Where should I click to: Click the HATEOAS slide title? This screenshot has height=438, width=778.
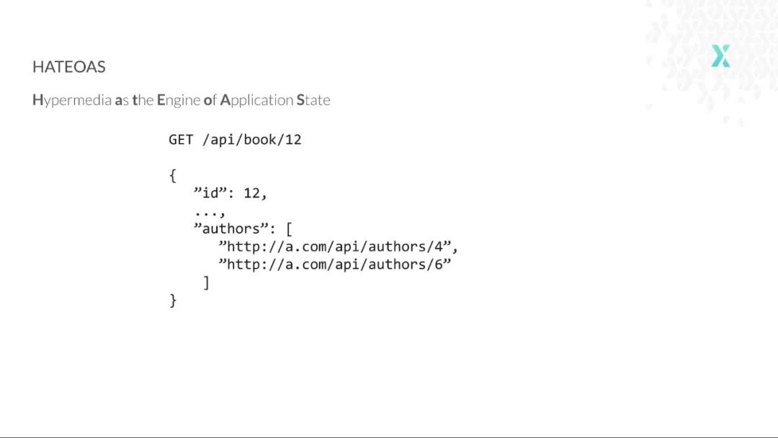click(x=69, y=67)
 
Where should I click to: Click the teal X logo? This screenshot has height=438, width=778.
click(x=720, y=55)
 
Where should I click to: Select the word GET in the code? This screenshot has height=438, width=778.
click(x=181, y=140)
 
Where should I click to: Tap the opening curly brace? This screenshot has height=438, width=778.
click(x=173, y=175)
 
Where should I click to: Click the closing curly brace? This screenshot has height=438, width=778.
click(x=173, y=300)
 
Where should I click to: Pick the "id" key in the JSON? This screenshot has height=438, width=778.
click(x=210, y=193)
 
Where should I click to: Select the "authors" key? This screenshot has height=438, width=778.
click(x=231, y=229)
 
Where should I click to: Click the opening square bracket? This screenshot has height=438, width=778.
click(x=289, y=230)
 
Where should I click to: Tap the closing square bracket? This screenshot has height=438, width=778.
click(x=207, y=282)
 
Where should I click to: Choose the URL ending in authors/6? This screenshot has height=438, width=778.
click(x=335, y=264)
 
